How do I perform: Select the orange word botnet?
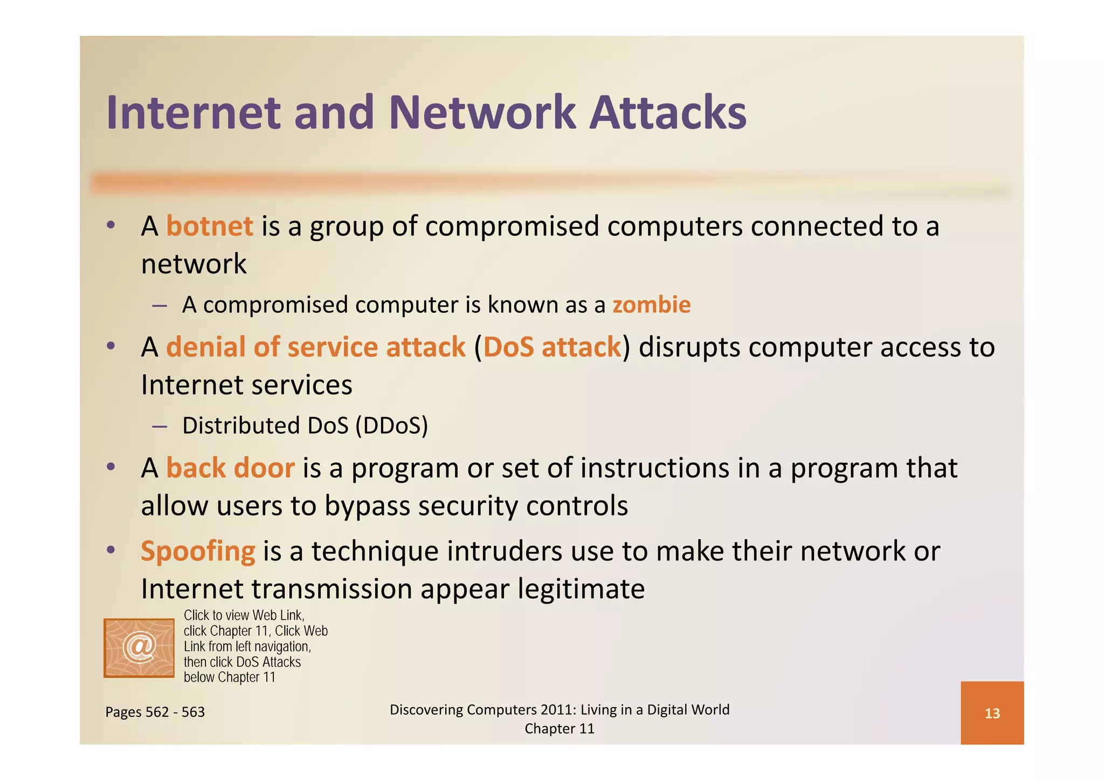tap(210, 226)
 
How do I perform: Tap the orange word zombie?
tap(651, 305)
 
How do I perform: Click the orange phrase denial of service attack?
tap(315, 347)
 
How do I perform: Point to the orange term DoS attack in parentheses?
tap(552, 347)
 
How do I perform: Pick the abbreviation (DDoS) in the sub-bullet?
tap(391, 426)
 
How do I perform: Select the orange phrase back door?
tap(230, 468)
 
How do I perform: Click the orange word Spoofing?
tap(198, 551)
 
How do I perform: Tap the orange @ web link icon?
tap(139, 648)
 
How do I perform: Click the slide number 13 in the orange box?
tap(992, 714)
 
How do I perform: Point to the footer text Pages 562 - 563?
tap(155, 712)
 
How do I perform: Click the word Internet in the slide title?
tap(194, 113)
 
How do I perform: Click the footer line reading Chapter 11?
tap(559, 729)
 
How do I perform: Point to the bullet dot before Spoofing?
tap(111, 550)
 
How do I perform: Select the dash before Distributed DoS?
tap(159, 427)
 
